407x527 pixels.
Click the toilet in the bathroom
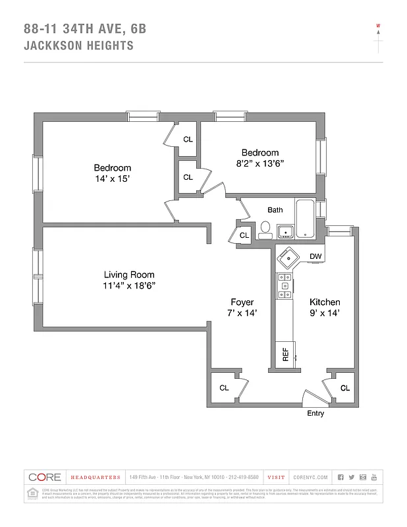click(265, 229)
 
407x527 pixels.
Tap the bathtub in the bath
click(306, 218)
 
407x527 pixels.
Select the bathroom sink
click(285, 231)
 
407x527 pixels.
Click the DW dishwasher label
click(315, 256)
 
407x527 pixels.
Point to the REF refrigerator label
click(285, 354)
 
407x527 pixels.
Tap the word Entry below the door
click(315, 414)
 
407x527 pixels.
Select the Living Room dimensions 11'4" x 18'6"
click(129, 286)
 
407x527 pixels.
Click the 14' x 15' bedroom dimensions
click(112, 179)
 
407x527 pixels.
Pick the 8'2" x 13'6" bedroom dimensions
click(259, 163)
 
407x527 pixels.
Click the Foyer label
click(242, 302)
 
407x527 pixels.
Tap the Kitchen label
click(325, 302)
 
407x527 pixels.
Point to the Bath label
click(275, 210)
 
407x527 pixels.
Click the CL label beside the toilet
click(244, 235)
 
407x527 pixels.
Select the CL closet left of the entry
click(224, 388)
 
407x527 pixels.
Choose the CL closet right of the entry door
click(344, 388)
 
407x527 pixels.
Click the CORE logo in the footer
click(45, 477)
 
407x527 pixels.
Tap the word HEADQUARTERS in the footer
click(95, 477)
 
